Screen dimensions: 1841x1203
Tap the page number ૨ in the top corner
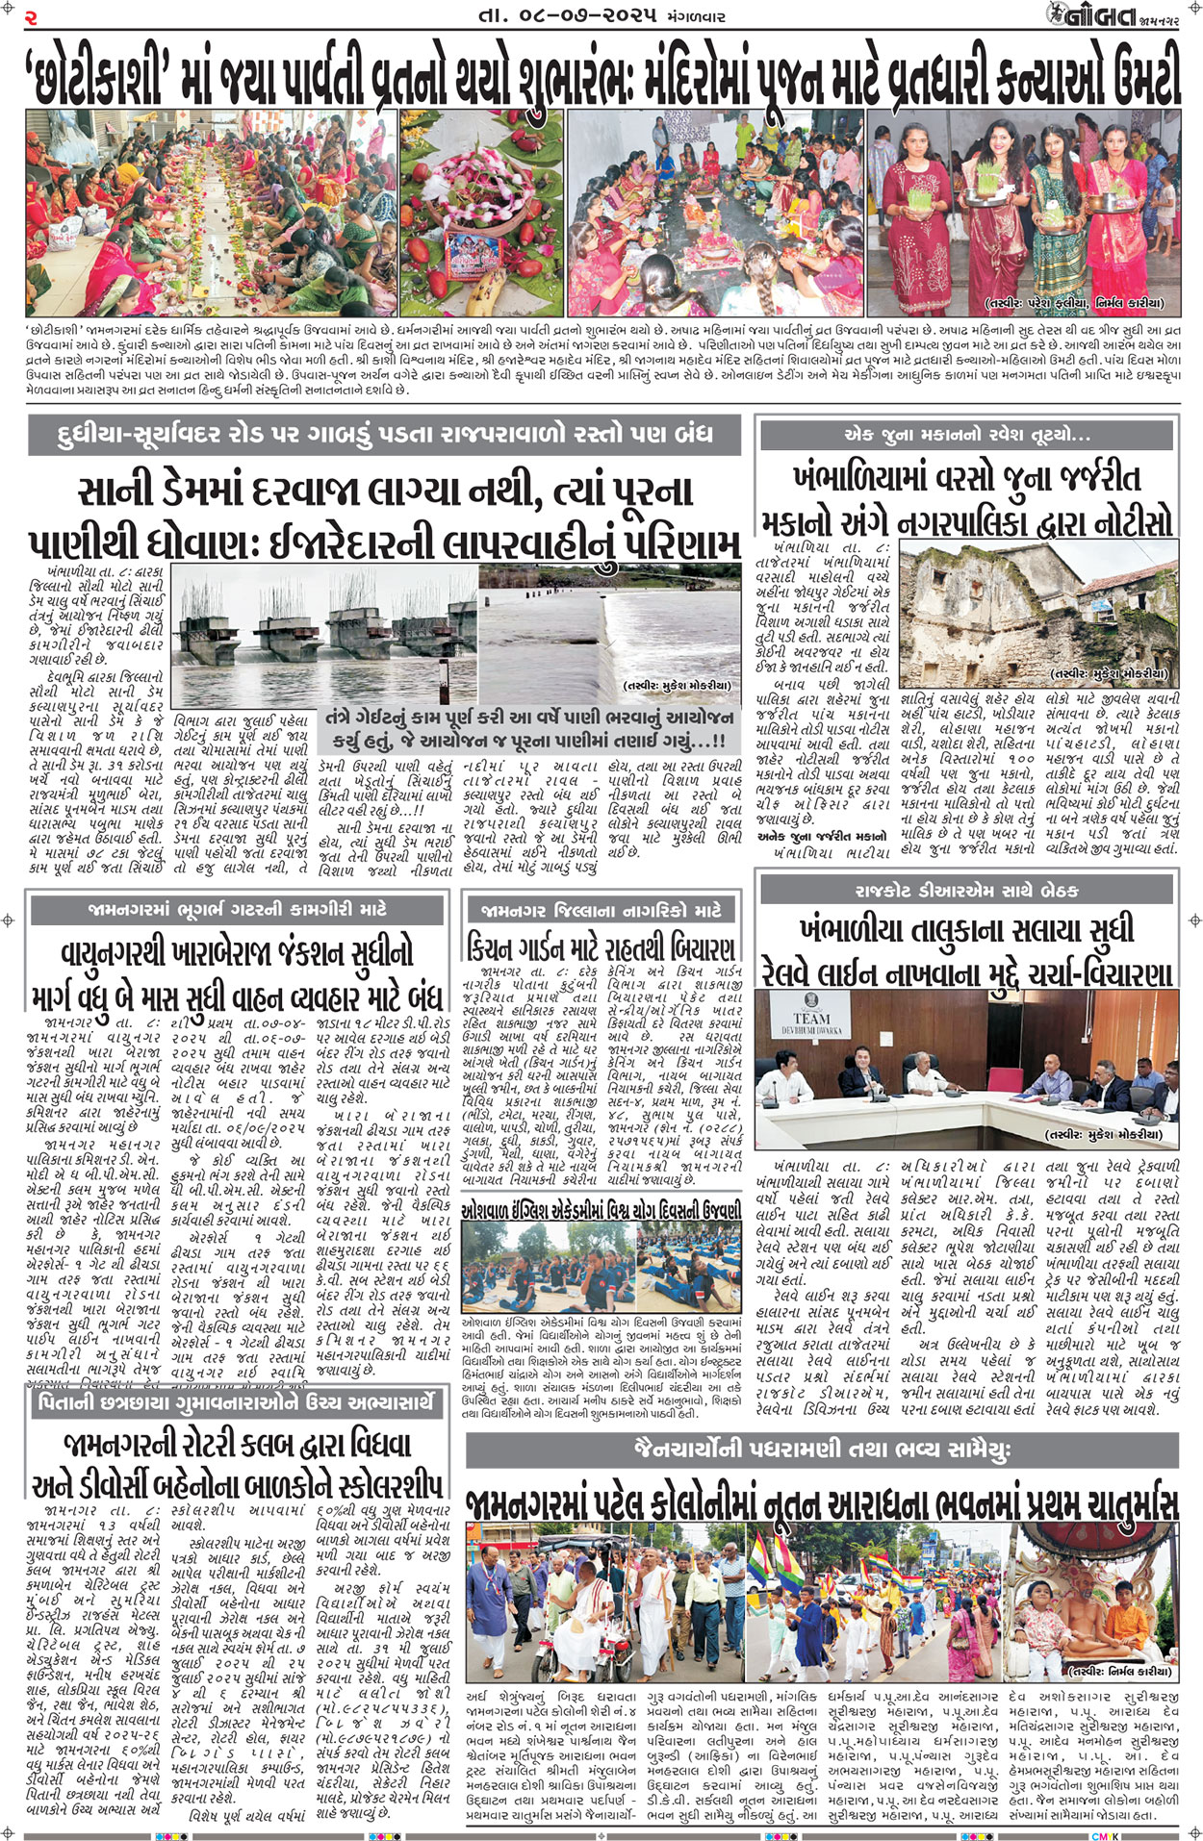pyautogui.click(x=30, y=16)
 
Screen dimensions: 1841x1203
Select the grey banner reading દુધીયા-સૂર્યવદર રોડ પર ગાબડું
pyautogui.click(x=384, y=435)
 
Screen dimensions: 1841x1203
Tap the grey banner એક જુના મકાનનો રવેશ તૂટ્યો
pyautogui.click(x=966, y=435)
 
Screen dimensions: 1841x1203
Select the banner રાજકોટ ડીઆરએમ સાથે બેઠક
pyautogui.click(x=966, y=891)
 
